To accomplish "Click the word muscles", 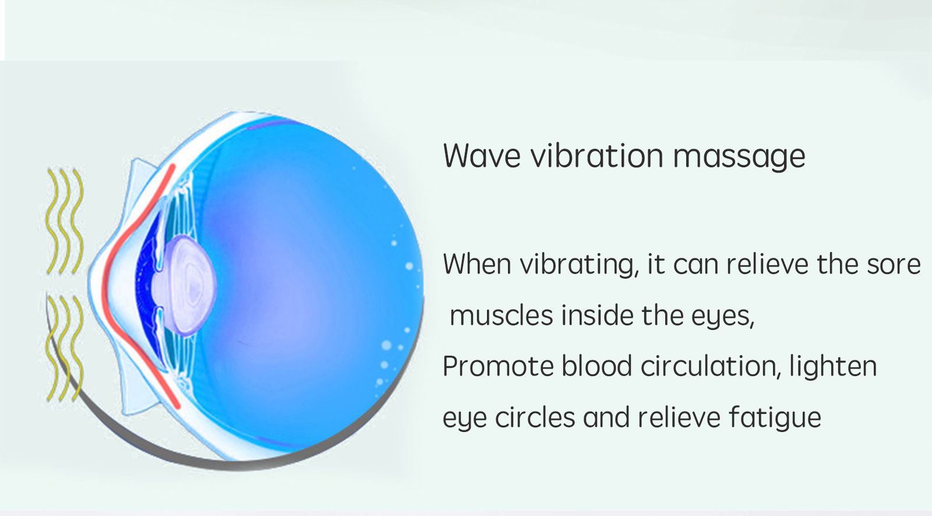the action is tap(502, 315).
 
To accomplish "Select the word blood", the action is tap(596, 366).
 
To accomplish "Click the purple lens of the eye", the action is tap(189, 285).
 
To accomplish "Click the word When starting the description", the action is tap(477, 265).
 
